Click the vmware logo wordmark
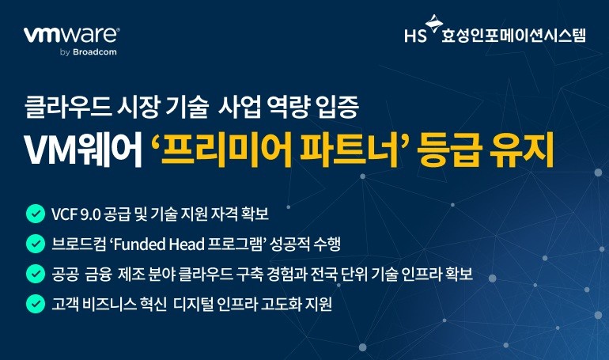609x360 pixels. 71,35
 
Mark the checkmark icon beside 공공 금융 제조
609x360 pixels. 35,274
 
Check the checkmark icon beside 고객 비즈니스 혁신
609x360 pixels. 35,303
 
